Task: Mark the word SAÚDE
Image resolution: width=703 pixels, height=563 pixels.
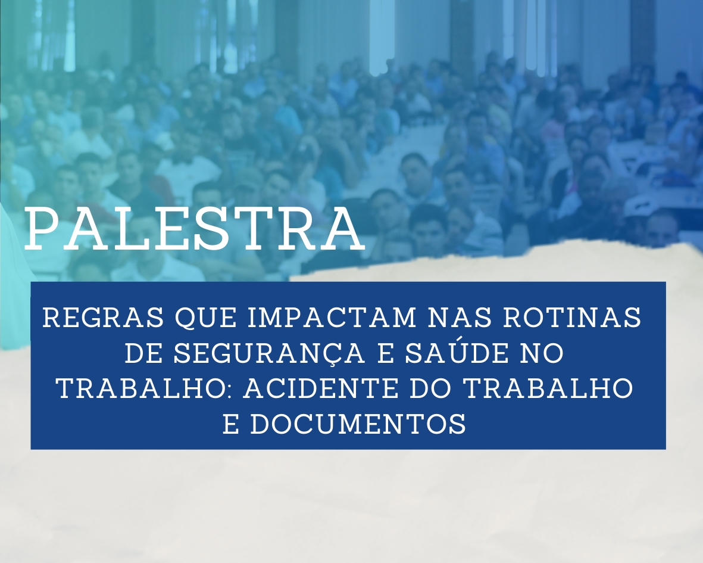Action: tap(452, 352)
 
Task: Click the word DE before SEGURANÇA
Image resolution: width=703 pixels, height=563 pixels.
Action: tap(143, 353)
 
